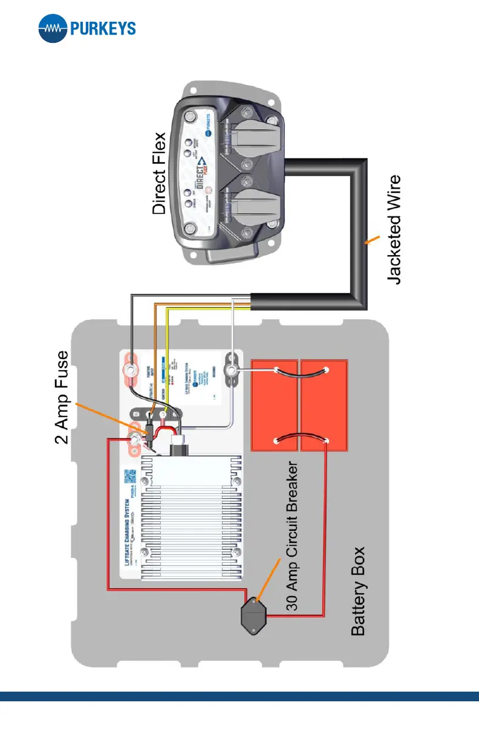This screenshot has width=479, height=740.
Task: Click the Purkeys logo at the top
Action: click(86, 28)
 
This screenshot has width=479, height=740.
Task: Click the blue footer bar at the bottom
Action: click(239, 696)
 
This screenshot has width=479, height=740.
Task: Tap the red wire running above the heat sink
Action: click(109, 514)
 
